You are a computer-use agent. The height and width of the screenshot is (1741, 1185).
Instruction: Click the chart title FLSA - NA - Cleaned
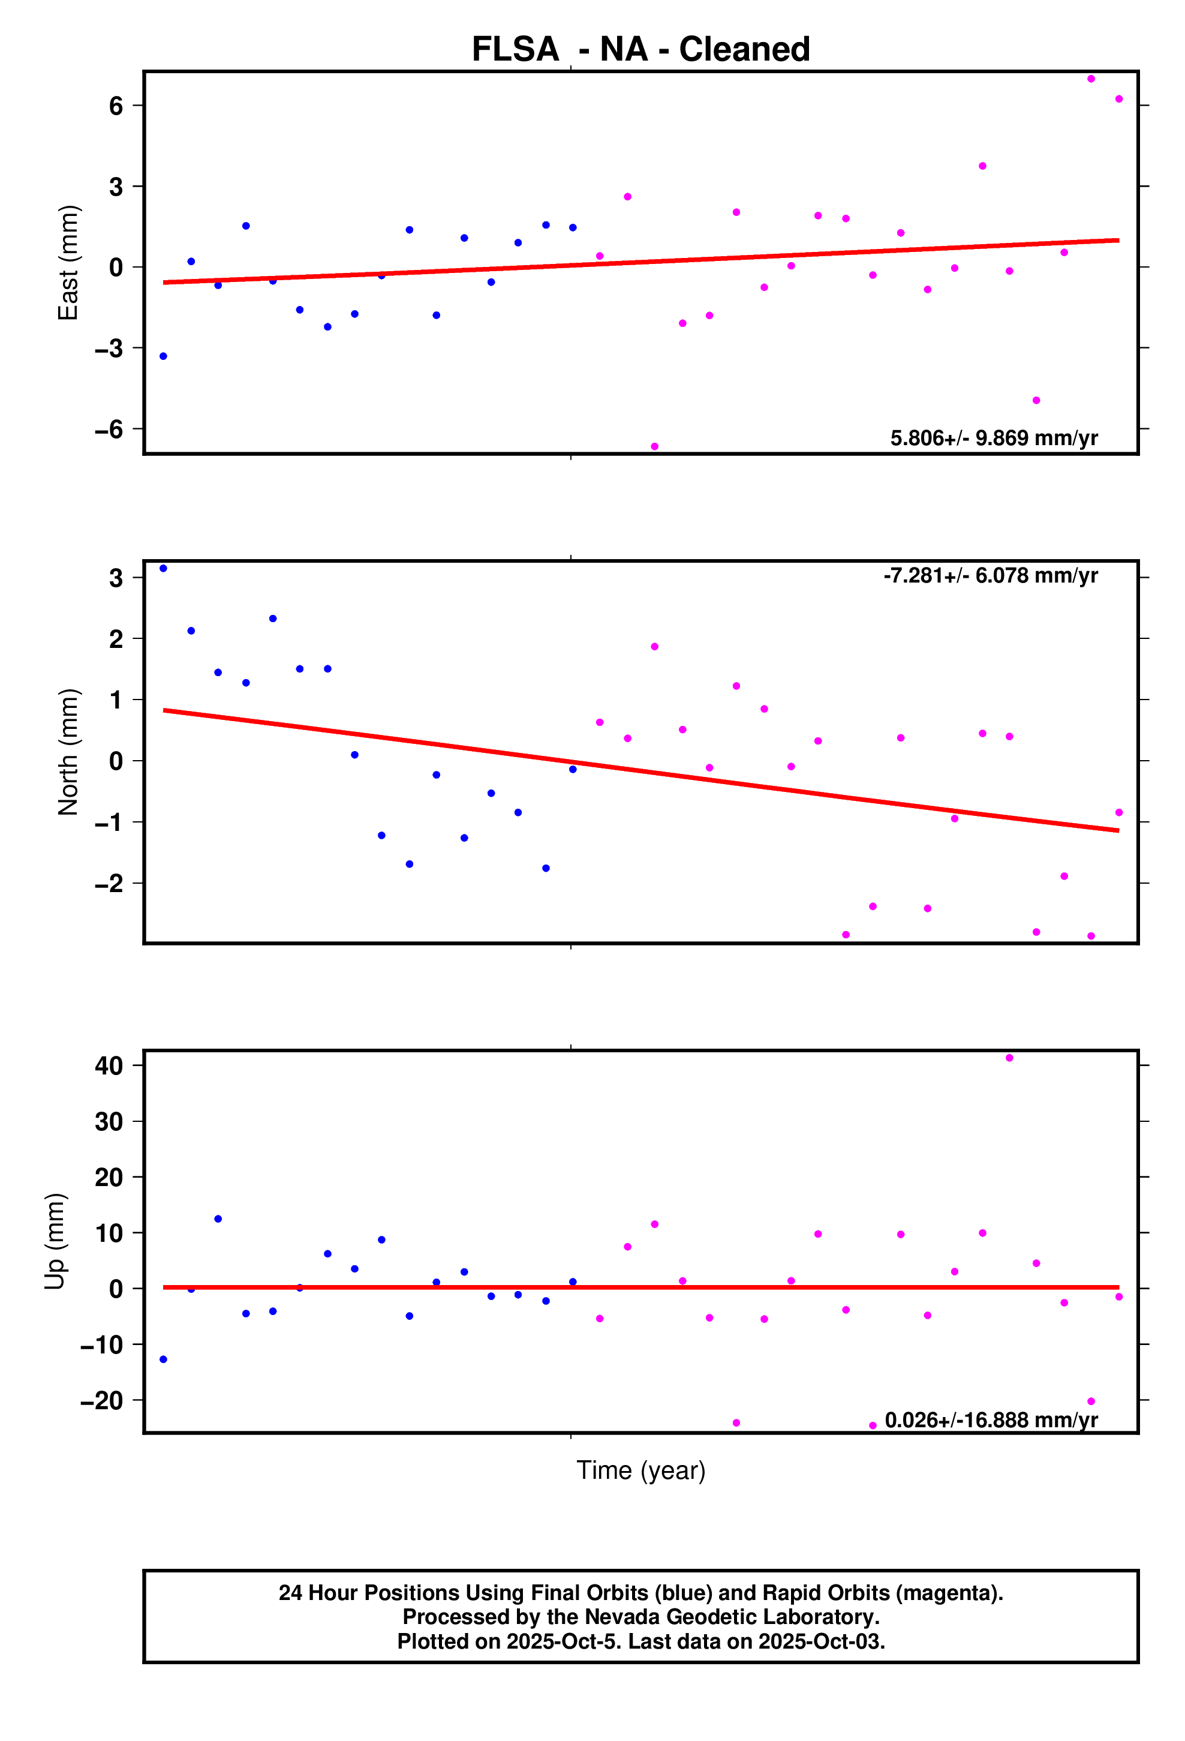click(x=640, y=49)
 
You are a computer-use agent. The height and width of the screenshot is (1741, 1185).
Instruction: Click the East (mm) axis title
click(x=68, y=262)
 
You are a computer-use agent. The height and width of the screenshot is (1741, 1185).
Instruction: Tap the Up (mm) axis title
click(x=55, y=1241)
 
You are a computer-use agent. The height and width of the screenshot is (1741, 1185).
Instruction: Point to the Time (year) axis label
click(x=640, y=1470)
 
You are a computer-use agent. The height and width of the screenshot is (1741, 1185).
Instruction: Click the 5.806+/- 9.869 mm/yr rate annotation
click(x=993, y=438)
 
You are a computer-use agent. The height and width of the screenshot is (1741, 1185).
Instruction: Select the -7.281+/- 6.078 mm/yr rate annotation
click(x=990, y=575)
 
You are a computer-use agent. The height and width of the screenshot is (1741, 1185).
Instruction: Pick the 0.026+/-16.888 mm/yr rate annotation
click(x=991, y=1421)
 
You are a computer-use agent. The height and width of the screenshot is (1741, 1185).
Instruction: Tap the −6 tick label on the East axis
click(x=109, y=430)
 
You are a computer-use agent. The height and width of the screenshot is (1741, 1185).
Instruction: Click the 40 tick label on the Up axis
click(x=109, y=1065)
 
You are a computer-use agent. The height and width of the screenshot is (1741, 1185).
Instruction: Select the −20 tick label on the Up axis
click(x=102, y=1400)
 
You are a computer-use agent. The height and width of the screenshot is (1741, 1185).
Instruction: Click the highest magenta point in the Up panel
click(x=1009, y=1058)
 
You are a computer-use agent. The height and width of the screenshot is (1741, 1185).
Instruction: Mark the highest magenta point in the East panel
click(x=1091, y=79)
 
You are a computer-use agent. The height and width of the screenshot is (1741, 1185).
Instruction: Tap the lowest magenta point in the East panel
click(x=655, y=446)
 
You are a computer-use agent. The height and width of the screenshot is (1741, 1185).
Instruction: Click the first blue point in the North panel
click(x=163, y=569)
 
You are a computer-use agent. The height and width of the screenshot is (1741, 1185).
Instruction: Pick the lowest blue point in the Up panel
click(x=163, y=1359)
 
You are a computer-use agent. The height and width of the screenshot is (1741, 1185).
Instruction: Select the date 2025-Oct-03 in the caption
click(x=821, y=1641)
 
